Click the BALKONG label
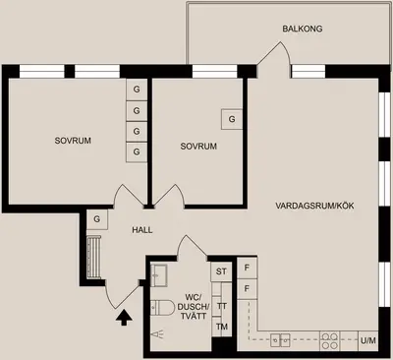303,29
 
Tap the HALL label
142,230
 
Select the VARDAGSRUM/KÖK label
314,206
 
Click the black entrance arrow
124,318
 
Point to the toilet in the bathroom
163,308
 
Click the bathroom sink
159,275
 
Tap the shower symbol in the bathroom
157,334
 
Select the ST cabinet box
221,271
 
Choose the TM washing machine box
222,327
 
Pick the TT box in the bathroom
222,306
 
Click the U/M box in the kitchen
367,340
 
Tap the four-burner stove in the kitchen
329,341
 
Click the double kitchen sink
280,340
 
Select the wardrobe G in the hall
97,219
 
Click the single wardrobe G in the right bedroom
232,119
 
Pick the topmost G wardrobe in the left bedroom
137,90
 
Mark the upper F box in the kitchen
247,268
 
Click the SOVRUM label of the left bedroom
73,141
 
